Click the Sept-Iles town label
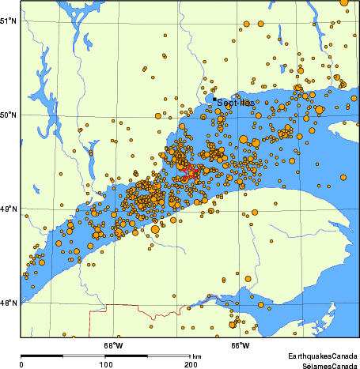click(236, 103)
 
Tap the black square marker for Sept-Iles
click(214, 100)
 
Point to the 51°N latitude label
click(8, 20)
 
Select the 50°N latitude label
click(8, 115)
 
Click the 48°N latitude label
click(8, 303)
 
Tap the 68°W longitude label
click(113, 345)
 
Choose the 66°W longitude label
click(241, 345)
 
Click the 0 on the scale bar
click(21, 364)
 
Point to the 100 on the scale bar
click(105, 364)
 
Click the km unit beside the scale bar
click(196, 356)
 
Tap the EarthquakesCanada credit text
click(320, 356)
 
